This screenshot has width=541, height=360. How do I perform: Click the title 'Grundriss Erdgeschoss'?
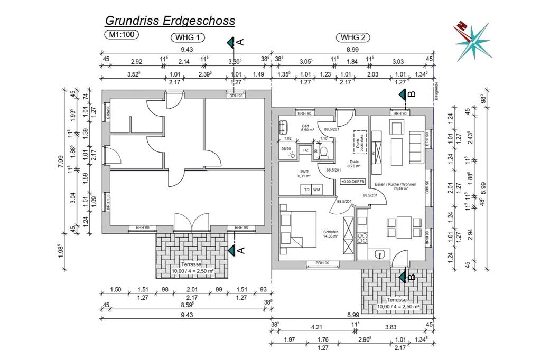pos(170,21)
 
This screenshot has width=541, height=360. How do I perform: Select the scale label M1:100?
pos(122,35)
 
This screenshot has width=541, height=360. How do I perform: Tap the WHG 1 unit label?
pos(186,37)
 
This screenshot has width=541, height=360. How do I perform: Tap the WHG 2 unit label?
pos(353,37)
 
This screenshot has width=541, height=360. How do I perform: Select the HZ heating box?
pos(305,150)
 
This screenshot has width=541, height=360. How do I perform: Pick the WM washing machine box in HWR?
pos(316,190)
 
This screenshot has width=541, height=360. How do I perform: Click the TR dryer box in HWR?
pos(305,190)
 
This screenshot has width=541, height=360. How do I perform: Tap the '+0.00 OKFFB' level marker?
pos(353,181)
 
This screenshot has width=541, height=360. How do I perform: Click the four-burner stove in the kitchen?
pos(362,239)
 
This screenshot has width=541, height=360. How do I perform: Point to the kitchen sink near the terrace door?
pos(379,255)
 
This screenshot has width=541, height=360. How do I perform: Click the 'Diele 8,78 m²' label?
pos(354,164)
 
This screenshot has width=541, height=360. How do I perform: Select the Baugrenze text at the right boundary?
pos(437,91)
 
